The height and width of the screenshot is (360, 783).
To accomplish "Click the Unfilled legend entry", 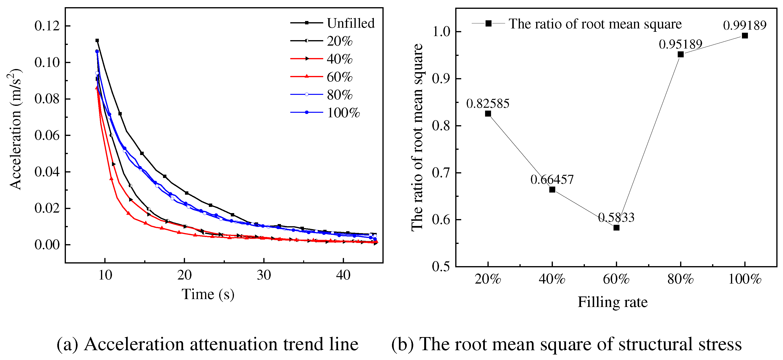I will click(350, 23).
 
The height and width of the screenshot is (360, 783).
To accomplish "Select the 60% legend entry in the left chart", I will click(339, 77).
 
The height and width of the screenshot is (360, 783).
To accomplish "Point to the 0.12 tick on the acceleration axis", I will click(47, 26).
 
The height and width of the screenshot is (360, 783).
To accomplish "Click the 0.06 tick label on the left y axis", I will click(47, 135).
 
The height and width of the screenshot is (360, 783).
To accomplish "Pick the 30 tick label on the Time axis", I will click(264, 275).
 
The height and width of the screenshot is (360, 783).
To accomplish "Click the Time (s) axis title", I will click(208, 294).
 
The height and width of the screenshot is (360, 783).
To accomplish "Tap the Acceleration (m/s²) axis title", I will click(15, 129).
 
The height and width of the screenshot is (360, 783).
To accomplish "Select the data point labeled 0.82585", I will click(488, 114).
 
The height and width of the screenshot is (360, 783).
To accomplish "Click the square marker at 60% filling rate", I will click(616, 227).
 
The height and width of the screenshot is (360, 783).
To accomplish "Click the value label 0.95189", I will click(680, 44).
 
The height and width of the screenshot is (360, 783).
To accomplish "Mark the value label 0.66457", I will click(552, 180).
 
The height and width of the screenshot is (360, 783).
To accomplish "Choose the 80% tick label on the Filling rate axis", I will click(680, 279).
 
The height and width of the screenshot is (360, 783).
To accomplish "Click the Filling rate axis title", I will click(613, 302).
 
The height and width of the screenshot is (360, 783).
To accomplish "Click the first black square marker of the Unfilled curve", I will click(97, 40).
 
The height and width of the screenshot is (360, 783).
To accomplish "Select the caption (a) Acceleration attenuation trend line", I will click(208, 344).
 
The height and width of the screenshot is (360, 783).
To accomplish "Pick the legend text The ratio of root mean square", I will click(595, 24).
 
